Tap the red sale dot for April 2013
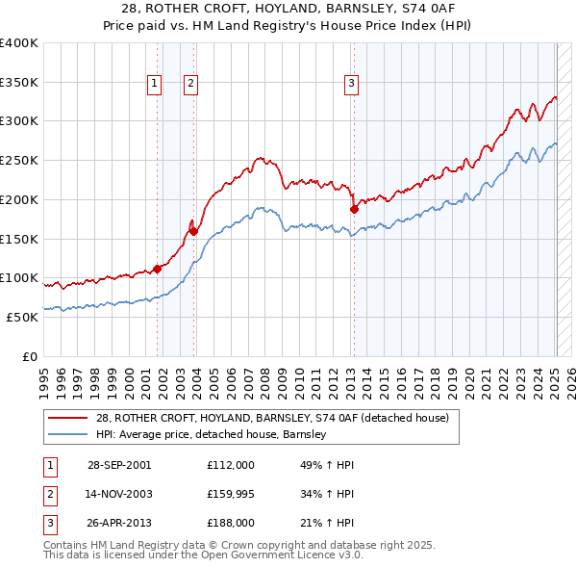click(x=354, y=208)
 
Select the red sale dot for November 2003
click(x=193, y=230)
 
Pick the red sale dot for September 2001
click(x=157, y=269)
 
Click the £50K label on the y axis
click(x=21, y=317)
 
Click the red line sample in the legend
click(x=70, y=418)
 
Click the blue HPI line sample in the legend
click(x=70, y=434)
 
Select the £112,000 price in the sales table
click(x=230, y=465)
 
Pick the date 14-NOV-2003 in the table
click(x=119, y=494)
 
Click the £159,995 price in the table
click(x=230, y=494)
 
